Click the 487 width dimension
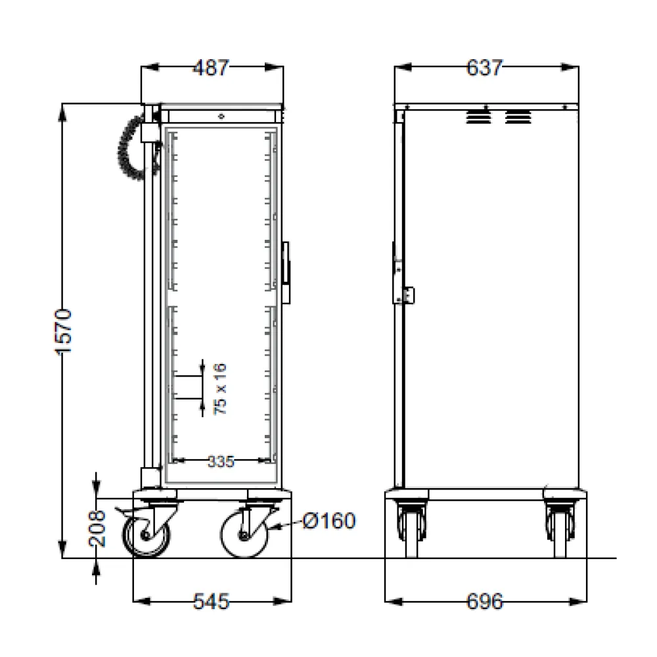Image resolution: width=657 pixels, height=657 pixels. click(213, 68)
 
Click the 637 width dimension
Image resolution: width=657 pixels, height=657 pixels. click(484, 68)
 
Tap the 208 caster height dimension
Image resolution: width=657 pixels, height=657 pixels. click(97, 529)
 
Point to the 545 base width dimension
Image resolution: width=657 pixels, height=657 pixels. click(212, 600)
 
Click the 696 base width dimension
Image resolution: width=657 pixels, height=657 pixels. click(484, 600)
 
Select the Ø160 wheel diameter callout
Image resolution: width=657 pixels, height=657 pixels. click(329, 522)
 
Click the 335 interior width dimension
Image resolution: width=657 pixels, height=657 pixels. click(221, 461)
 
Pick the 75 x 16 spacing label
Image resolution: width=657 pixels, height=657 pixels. click(221, 388)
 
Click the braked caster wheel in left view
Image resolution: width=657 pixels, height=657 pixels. click(147, 534)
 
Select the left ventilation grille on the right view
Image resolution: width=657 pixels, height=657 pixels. click(478, 118)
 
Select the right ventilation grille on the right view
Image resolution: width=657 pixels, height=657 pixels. click(518, 118)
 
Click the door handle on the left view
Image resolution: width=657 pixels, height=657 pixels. click(286, 272)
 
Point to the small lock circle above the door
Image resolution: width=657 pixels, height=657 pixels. click(221, 116)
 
